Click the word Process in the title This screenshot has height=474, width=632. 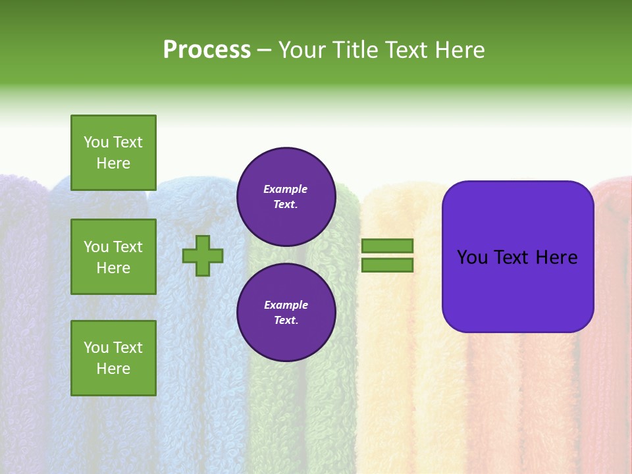pyautogui.click(x=207, y=50)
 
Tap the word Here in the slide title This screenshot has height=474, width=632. pyautogui.click(x=459, y=50)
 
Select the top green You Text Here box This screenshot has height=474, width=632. pyautogui.click(x=113, y=153)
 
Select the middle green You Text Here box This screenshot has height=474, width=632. pyautogui.click(x=113, y=257)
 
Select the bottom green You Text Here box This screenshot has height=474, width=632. pyautogui.click(x=113, y=358)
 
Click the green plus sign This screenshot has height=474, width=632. pyautogui.click(x=203, y=255)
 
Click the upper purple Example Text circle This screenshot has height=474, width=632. pyautogui.click(x=286, y=197)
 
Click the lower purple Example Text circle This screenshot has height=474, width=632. pyautogui.click(x=286, y=313)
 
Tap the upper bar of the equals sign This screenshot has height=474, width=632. pyautogui.click(x=387, y=246)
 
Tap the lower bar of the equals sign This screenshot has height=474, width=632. pyautogui.click(x=387, y=265)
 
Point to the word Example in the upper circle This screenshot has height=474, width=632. pyautogui.click(x=286, y=189)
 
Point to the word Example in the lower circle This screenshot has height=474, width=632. pyautogui.click(x=286, y=305)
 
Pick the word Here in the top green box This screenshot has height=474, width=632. pyautogui.click(x=113, y=163)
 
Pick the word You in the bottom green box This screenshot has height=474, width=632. pyautogui.click(x=96, y=348)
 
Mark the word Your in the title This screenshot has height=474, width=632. pyautogui.click(x=303, y=50)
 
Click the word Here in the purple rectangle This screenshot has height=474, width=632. pyautogui.click(x=556, y=257)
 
